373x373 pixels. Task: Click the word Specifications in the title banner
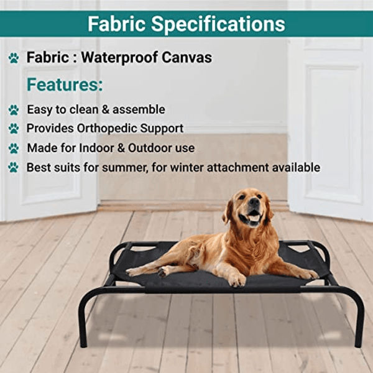[x=228, y=24]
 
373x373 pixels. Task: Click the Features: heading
[x=65, y=85]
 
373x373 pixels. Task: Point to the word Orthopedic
[x=110, y=128]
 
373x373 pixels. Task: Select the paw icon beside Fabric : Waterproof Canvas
[x=14, y=58]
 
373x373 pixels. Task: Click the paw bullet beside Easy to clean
[x=14, y=110]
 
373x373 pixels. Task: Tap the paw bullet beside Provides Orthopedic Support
[x=14, y=129]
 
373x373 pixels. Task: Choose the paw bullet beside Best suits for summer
[x=14, y=167]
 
